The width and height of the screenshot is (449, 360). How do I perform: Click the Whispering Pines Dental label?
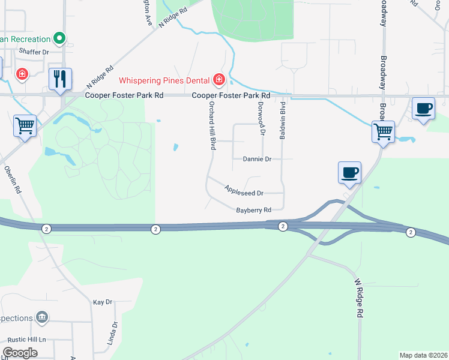click(x=163, y=80)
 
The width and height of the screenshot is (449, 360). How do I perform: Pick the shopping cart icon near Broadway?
click(x=383, y=131)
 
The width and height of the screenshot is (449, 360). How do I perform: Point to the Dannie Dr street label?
click(x=258, y=160)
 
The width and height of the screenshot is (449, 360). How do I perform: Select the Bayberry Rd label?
click(x=254, y=209)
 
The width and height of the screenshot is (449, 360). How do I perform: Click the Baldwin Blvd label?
click(x=282, y=121)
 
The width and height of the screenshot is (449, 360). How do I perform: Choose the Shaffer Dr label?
click(x=34, y=52)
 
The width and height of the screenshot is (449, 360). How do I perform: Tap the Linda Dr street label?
click(x=112, y=334)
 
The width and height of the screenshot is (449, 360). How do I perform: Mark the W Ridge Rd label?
click(x=359, y=298)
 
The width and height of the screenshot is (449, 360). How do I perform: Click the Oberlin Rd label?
click(x=13, y=179)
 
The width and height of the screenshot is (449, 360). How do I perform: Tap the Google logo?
click(x=20, y=353)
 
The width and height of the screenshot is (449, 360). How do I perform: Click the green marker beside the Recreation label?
click(x=59, y=39)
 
